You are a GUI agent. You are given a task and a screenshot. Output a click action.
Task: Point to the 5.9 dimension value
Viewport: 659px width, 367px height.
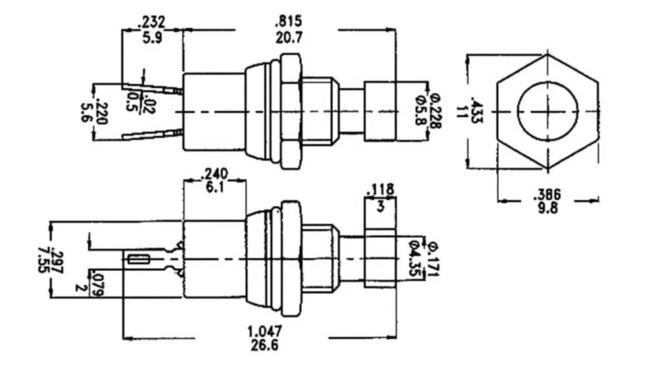click(x=151, y=38)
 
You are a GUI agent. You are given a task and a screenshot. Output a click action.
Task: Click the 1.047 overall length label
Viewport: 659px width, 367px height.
click(x=265, y=331)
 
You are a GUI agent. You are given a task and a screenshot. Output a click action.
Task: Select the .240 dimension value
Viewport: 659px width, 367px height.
click(x=214, y=174)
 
